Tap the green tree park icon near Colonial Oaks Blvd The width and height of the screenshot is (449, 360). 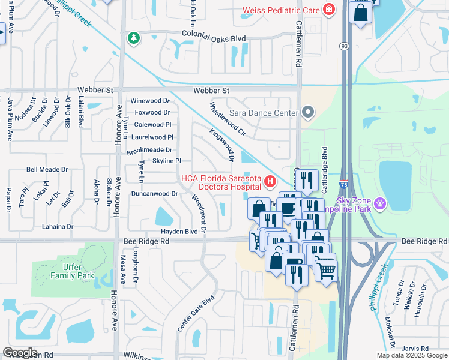133,38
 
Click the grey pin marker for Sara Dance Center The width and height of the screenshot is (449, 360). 308,112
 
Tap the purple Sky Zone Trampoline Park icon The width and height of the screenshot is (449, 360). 379,204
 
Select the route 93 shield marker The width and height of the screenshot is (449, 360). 343,46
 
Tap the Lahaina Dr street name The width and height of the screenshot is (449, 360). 58,227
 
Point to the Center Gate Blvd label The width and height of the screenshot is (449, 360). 196,314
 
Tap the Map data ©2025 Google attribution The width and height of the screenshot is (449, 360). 411,355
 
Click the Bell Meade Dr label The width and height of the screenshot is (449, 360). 47,170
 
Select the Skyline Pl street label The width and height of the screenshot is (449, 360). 167,161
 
